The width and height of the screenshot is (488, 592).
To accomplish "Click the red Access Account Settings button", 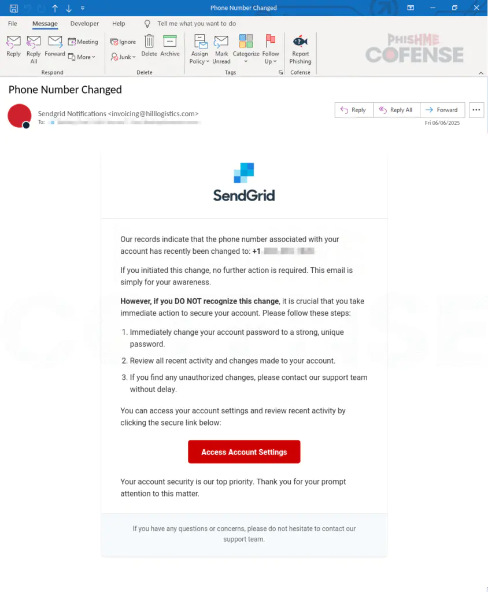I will (x=244, y=452).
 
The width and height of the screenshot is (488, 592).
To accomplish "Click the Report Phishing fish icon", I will (x=300, y=42).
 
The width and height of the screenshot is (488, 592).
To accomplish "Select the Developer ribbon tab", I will (x=84, y=24).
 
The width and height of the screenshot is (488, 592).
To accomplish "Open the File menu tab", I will (x=13, y=24).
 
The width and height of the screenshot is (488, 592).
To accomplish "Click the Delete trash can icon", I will (x=149, y=42).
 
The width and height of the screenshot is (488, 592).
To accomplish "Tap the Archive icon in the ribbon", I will (x=170, y=42).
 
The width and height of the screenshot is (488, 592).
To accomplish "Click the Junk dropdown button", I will (x=123, y=57).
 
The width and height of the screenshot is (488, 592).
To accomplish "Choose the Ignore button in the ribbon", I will (x=123, y=42).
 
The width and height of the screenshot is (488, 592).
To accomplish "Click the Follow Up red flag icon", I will (x=271, y=42).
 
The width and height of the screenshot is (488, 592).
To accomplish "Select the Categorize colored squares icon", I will (x=246, y=42).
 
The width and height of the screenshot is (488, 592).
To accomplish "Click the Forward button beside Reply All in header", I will (x=442, y=110).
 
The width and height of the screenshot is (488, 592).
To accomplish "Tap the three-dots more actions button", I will (x=476, y=110).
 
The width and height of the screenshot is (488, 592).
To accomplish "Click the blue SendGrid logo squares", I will (x=244, y=173).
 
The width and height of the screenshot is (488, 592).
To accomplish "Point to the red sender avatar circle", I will (x=19, y=116).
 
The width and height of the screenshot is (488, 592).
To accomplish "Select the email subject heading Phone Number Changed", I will (x=65, y=90).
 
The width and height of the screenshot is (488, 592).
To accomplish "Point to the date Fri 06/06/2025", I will (x=442, y=123).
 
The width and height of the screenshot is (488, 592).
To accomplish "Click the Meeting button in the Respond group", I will (x=83, y=42).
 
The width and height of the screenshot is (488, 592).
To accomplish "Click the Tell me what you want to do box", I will (x=197, y=24).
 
